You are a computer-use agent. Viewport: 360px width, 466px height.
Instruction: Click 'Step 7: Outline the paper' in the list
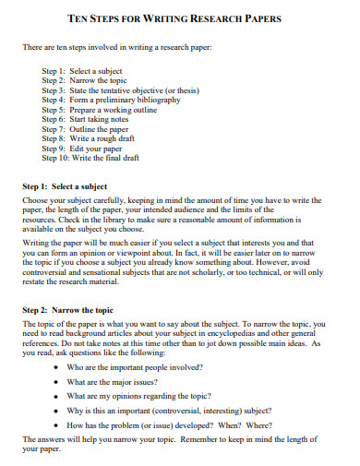(x=92, y=130)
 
